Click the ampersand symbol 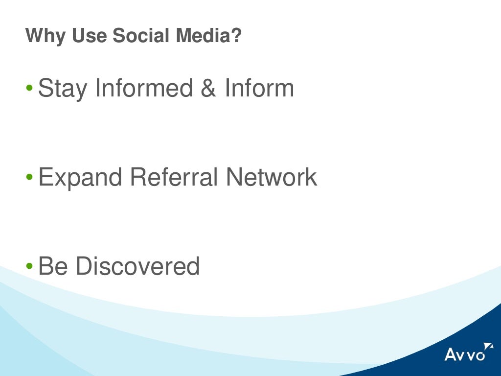pos(208,88)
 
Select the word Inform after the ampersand pos(259,88)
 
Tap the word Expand pos(80,178)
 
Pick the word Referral pos(174,177)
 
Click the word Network pos(272,177)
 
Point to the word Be pos(53,266)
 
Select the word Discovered pos(138,266)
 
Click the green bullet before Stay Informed pos(29,89)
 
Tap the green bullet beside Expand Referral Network pos(29,177)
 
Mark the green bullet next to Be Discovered pos(29,266)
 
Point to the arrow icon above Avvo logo pos(488,346)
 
